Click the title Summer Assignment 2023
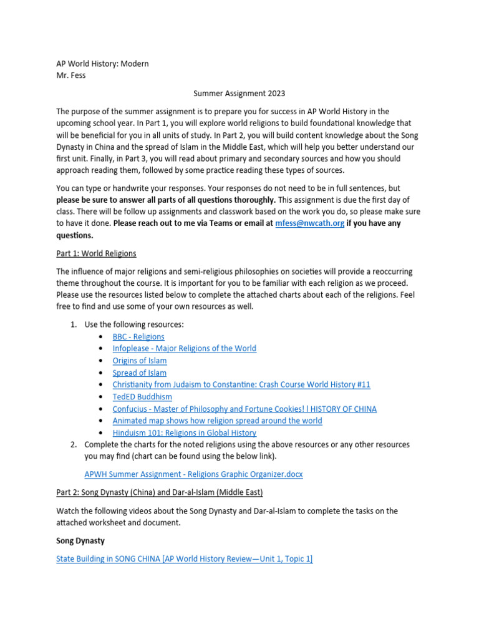tap(239, 94)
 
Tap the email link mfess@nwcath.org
tap(309, 223)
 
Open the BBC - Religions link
tap(138, 337)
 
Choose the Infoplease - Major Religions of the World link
tap(184, 349)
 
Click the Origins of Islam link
tap(139, 361)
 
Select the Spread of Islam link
tap(139, 373)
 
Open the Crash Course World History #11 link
tap(241, 384)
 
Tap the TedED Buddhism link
tap(142, 397)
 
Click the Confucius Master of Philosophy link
tap(244, 409)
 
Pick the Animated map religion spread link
tap(217, 421)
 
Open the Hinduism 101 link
tap(184, 432)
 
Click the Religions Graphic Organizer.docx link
tap(193, 474)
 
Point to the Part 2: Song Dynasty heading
tap(159, 492)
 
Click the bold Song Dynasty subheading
tap(80, 540)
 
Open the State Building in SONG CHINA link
tap(184, 559)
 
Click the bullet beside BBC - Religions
tap(101, 337)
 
